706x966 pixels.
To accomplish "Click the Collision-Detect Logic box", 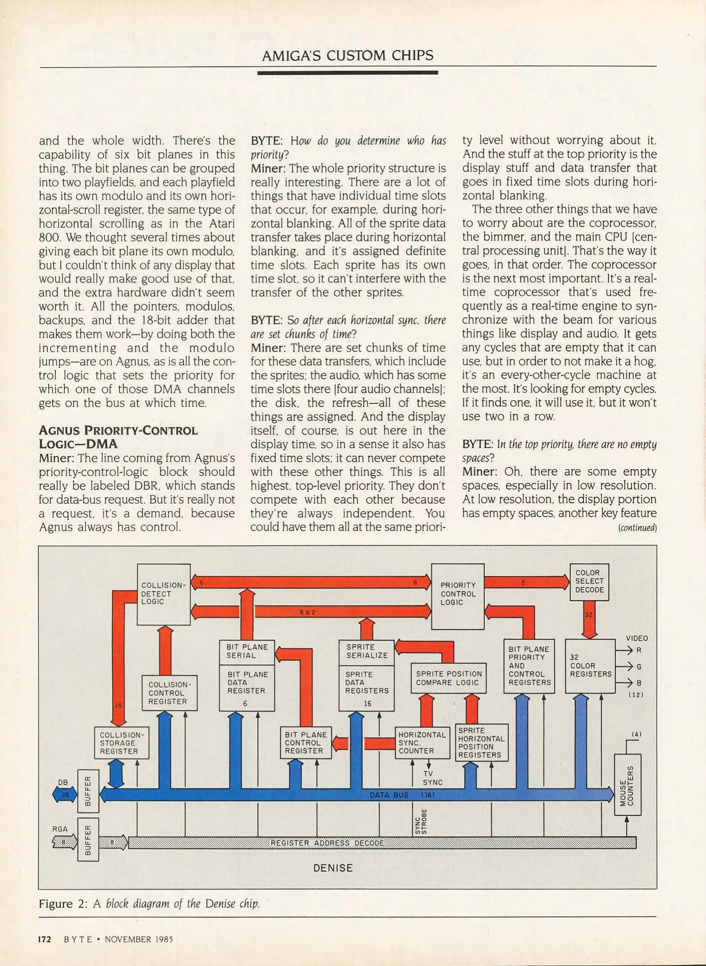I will click(163, 594).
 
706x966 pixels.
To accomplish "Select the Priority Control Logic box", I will click(457, 596).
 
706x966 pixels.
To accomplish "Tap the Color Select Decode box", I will click(589, 581).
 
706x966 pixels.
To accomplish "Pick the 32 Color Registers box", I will click(590, 666).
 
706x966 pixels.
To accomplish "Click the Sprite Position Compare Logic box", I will click(448, 678).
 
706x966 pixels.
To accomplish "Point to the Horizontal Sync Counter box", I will click(422, 743).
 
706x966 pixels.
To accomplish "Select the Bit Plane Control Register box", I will click(306, 743).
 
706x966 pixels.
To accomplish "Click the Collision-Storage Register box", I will click(121, 743).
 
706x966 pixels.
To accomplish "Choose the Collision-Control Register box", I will click(169, 693).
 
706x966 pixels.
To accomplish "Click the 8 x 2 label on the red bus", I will click(308, 612).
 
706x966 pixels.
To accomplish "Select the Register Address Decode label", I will click(327, 843).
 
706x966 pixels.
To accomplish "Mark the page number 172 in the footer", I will click(45, 939).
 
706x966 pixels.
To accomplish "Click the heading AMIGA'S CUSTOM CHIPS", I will click(347, 55).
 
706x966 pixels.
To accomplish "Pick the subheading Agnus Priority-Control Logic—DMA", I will click(118, 437).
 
